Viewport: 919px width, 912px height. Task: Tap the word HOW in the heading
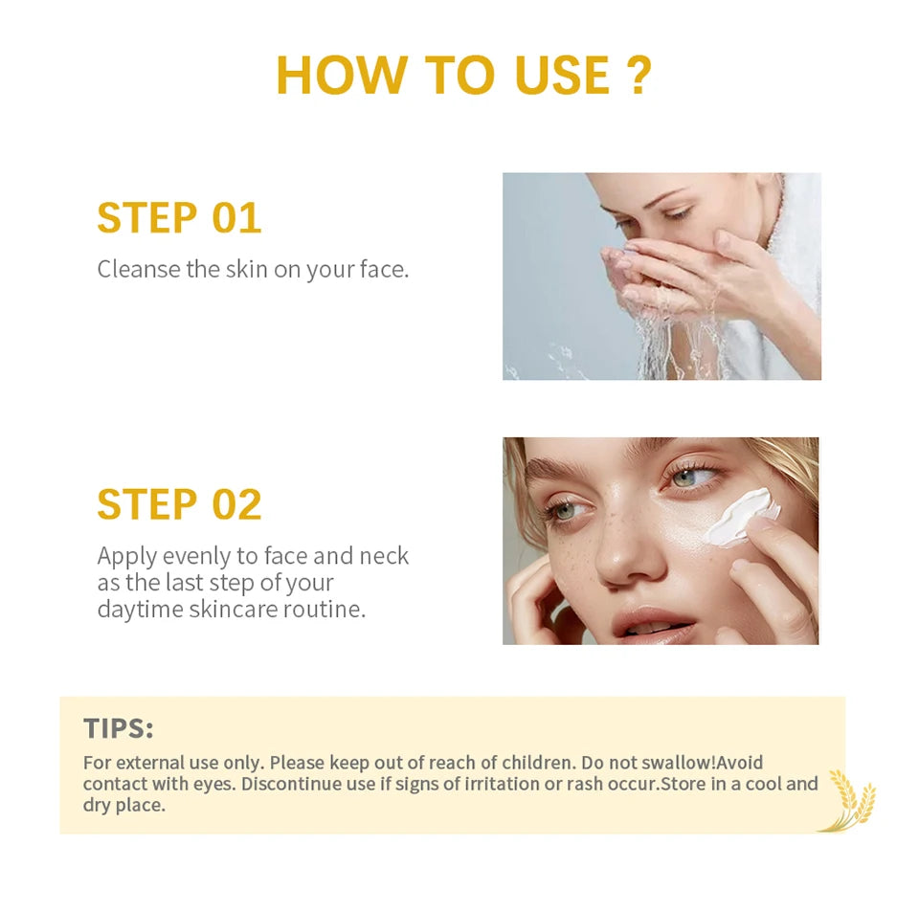pyautogui.click(x=341, y=75)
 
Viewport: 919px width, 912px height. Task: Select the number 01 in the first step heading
pyautogui.click(x=236, y=218)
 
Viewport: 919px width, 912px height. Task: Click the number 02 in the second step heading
pyautogui.click(x=236, y=504)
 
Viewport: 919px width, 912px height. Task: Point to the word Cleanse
pyautogui.click(x=138, y=269)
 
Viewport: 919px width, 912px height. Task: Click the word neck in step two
pyautogui.click(x=384, y=555)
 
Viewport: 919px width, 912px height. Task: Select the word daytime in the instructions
pyautogui.click(x=140, y=610)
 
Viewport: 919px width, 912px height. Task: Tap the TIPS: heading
pyautogui.click(x=118, y=728)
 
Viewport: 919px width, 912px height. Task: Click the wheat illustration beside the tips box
pyautogui.click(x=849, y=800)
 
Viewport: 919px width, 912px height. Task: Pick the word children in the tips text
pyautogui.click(x=538, y=762)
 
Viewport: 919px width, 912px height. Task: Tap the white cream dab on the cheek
pyautogui.click(x=740, y=518)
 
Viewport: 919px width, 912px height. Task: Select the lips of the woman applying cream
pyautogui.click(x=654, y=626)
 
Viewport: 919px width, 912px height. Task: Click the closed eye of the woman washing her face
pyautogui.click(x=678, y=213)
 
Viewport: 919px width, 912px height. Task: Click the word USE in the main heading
pyautogui.click(x=562, y=75)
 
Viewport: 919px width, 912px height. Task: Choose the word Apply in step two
pyautogui.click(x=126, y=556)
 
